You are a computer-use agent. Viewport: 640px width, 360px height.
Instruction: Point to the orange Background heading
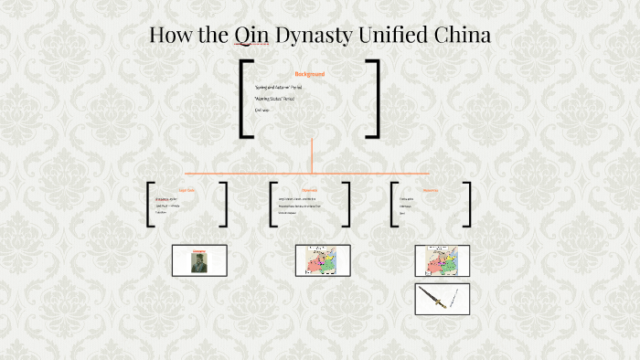point(310,74)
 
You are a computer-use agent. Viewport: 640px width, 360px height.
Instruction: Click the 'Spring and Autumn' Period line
point(284,87)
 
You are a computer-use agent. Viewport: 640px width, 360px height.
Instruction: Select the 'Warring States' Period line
point(282,99)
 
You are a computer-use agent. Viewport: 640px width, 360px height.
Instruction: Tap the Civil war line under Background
point(263,110)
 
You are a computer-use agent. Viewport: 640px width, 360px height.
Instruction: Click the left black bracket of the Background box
point(245,99)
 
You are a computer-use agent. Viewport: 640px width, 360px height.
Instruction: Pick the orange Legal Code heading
point(187,190)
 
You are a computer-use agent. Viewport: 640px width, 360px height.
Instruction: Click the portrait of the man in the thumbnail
point(198,260)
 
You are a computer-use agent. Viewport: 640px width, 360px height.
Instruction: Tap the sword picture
point(442,299)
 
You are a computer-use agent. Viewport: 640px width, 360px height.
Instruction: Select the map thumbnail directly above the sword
point(442,260)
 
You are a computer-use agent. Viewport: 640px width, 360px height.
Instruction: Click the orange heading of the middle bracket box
point(309,190)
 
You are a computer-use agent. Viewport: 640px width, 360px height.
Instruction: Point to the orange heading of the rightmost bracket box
point(430,190)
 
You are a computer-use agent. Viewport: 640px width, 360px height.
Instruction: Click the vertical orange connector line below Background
point(312,155)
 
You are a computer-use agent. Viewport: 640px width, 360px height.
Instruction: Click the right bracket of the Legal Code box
point(223,204)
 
